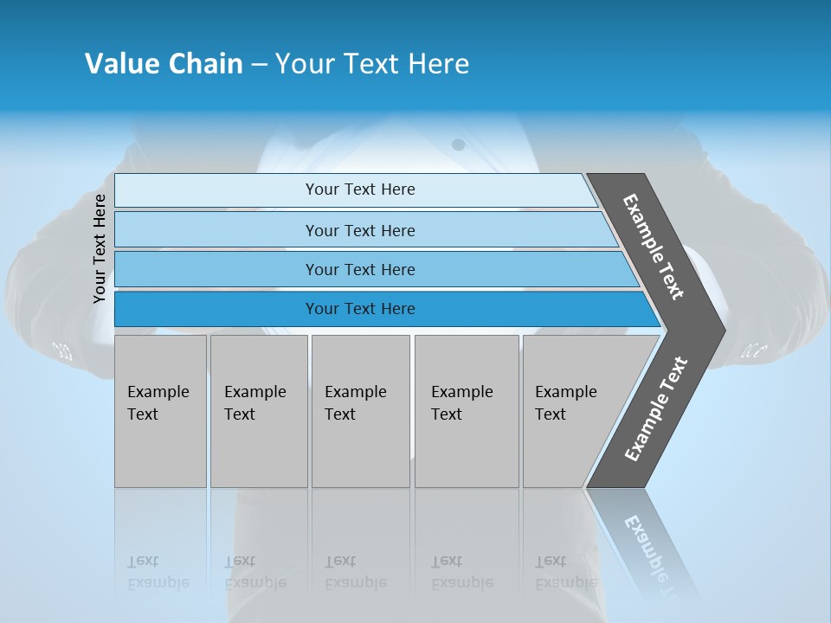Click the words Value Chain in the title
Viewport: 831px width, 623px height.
pos(164,64)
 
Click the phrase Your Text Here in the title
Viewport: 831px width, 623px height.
pos(372,64)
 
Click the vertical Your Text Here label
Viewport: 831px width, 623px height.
pos(100,248)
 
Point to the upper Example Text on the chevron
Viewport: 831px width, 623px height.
pos(654,247)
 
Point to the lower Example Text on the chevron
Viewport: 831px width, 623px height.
pos(655,409)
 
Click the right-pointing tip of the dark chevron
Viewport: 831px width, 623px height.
pos(720,331)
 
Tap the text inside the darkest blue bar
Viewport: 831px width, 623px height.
pos(360,309)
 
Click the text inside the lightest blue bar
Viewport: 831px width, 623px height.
pos(360,189)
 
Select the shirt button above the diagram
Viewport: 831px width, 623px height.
pos(459,145)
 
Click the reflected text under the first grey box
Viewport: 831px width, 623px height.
pos(158,572)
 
